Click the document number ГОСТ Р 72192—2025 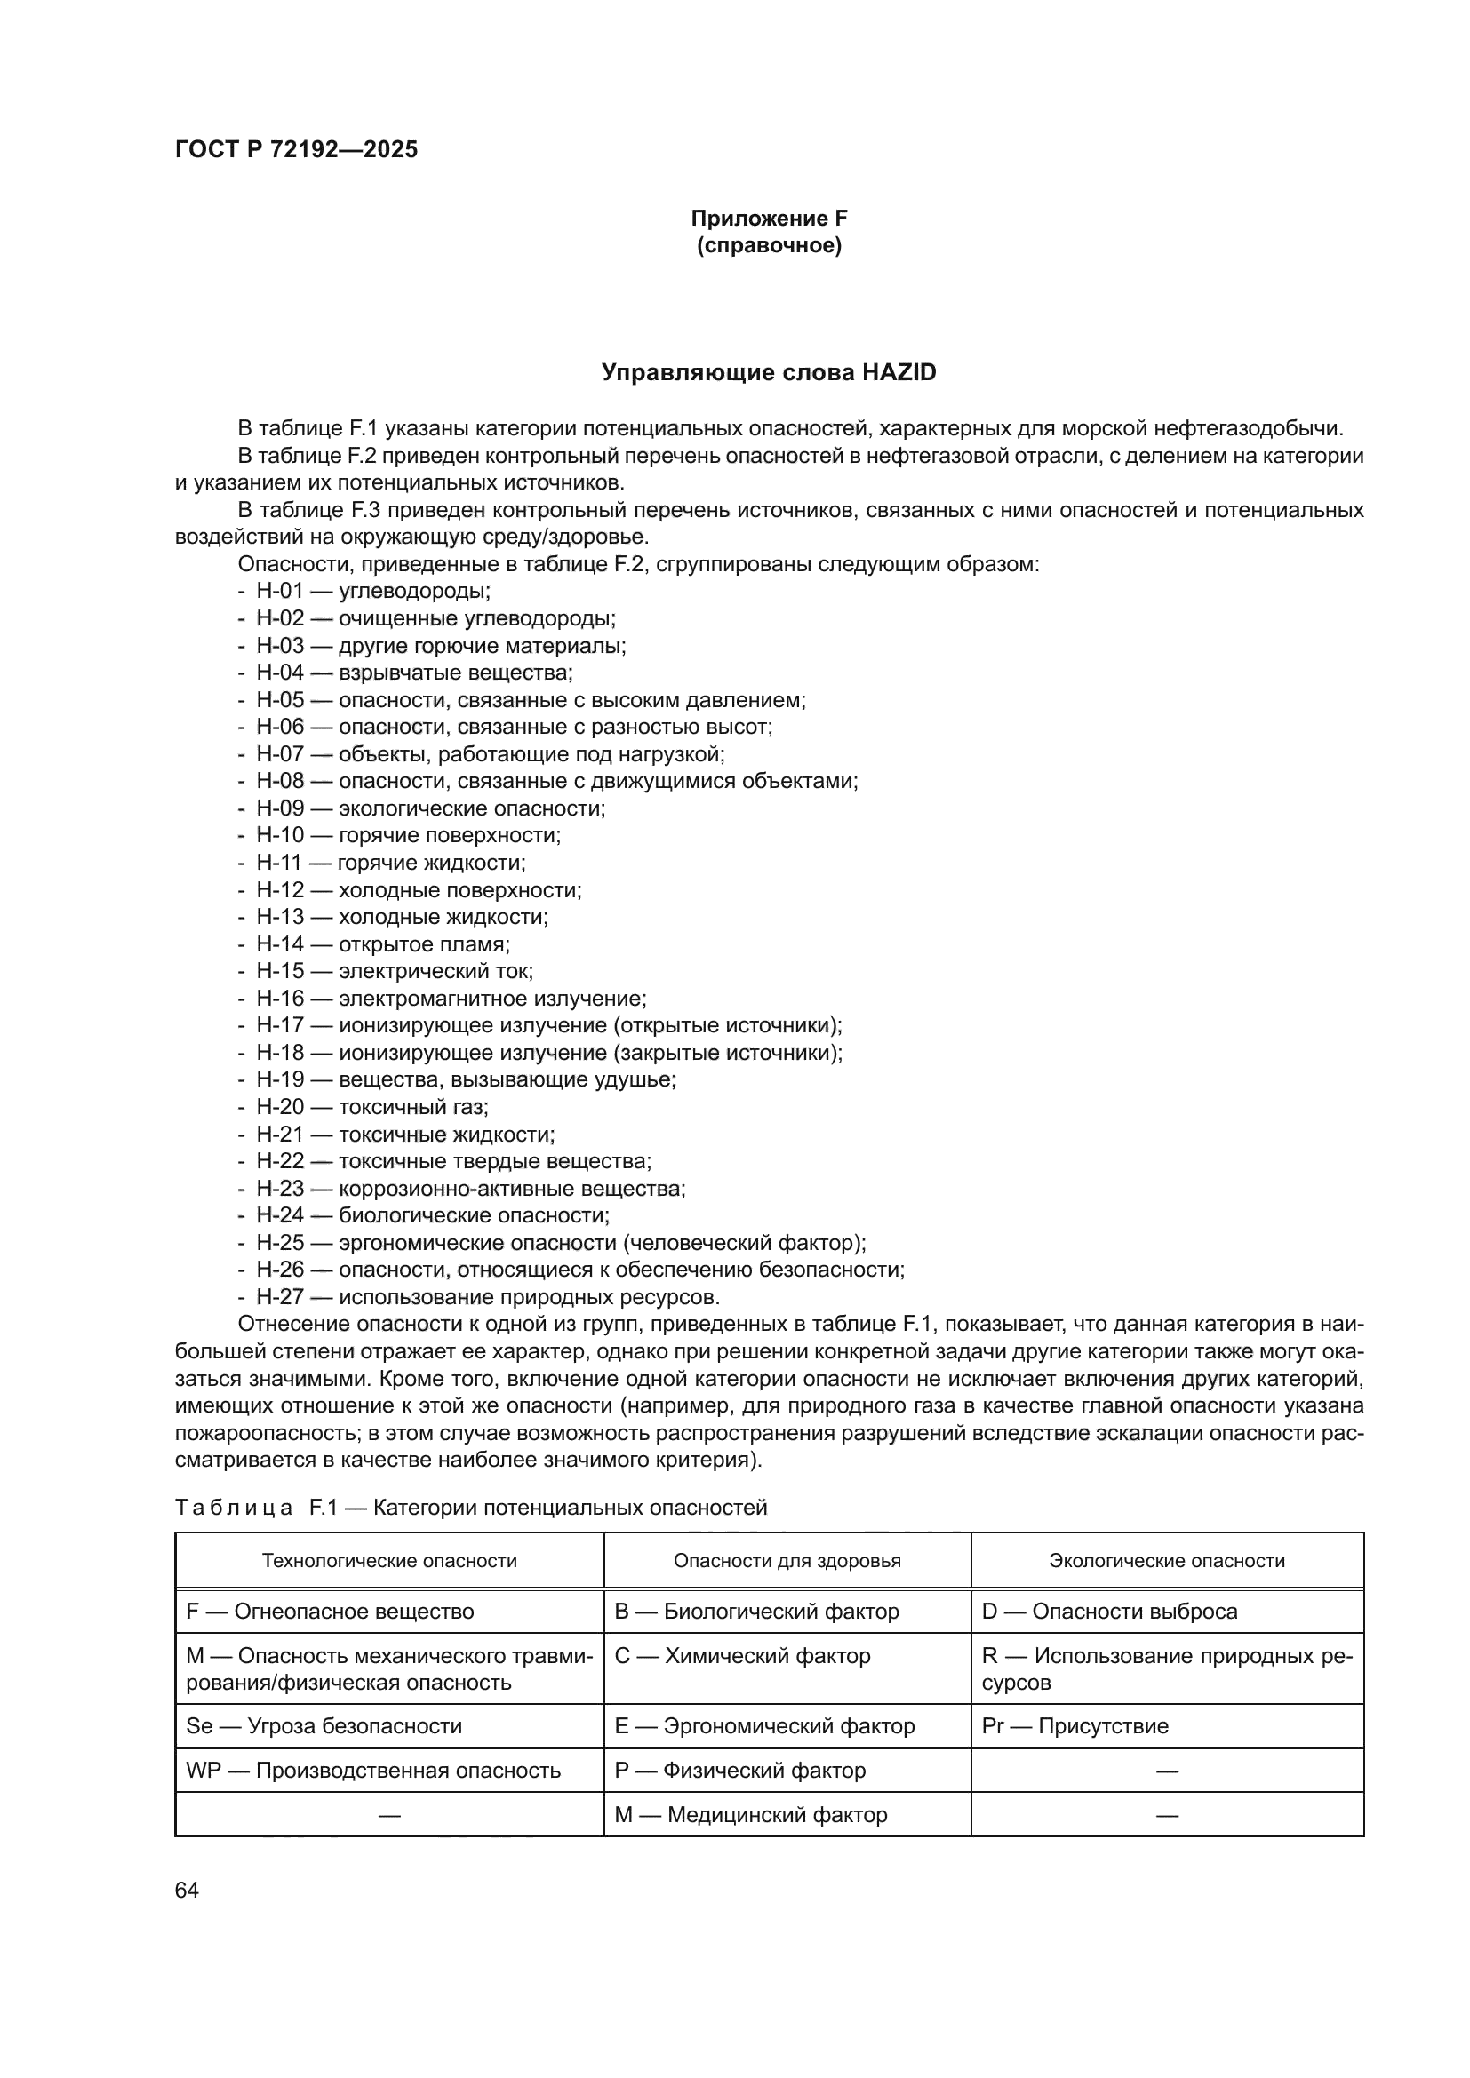[x=296, y=150]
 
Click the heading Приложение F [x=769, y=219]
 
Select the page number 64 [x=187, y=1891]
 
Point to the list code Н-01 [x=280, y=592]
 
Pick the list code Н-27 [x=280, y=1297]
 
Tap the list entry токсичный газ [x=412, y=1107]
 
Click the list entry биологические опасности [x=474, y=1215]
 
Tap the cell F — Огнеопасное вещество [x=331, y=1612]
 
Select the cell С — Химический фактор [x=742, y=1656]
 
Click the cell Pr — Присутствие [x=1075, y=1726]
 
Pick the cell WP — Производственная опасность [x=373, y=1771]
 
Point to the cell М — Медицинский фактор [x=750, y=1815]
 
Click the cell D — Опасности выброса [x=1109, y=1612]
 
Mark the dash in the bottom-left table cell [x=389, y=1815]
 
